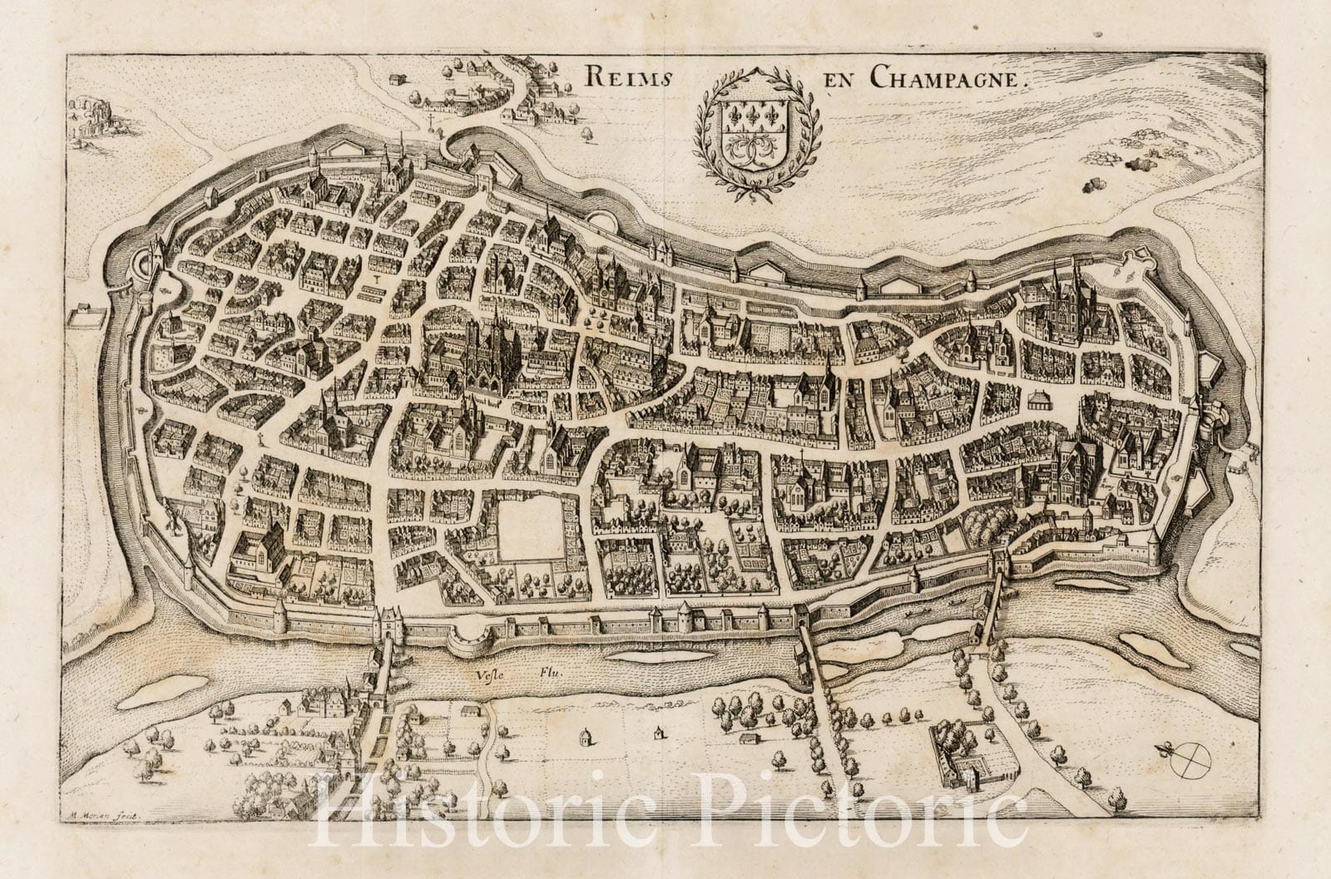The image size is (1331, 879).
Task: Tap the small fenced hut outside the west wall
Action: click(81, 314)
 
